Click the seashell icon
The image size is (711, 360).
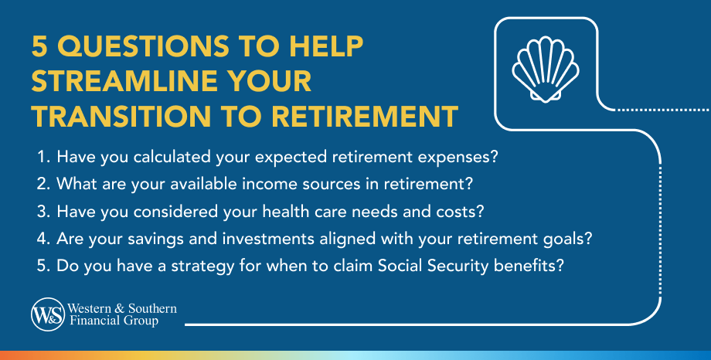pos(545,70)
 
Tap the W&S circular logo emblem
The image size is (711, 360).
pos(48,314)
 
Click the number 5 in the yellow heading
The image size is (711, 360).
pos(40,46)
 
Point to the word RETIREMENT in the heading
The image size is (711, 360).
pos(365,116)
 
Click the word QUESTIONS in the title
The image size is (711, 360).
pos(143,46)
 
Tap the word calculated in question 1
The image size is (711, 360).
pos(172,157)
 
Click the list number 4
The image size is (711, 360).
pos(42,239)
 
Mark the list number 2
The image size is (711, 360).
pos(42,184)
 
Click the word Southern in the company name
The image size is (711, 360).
pos(152,308)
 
